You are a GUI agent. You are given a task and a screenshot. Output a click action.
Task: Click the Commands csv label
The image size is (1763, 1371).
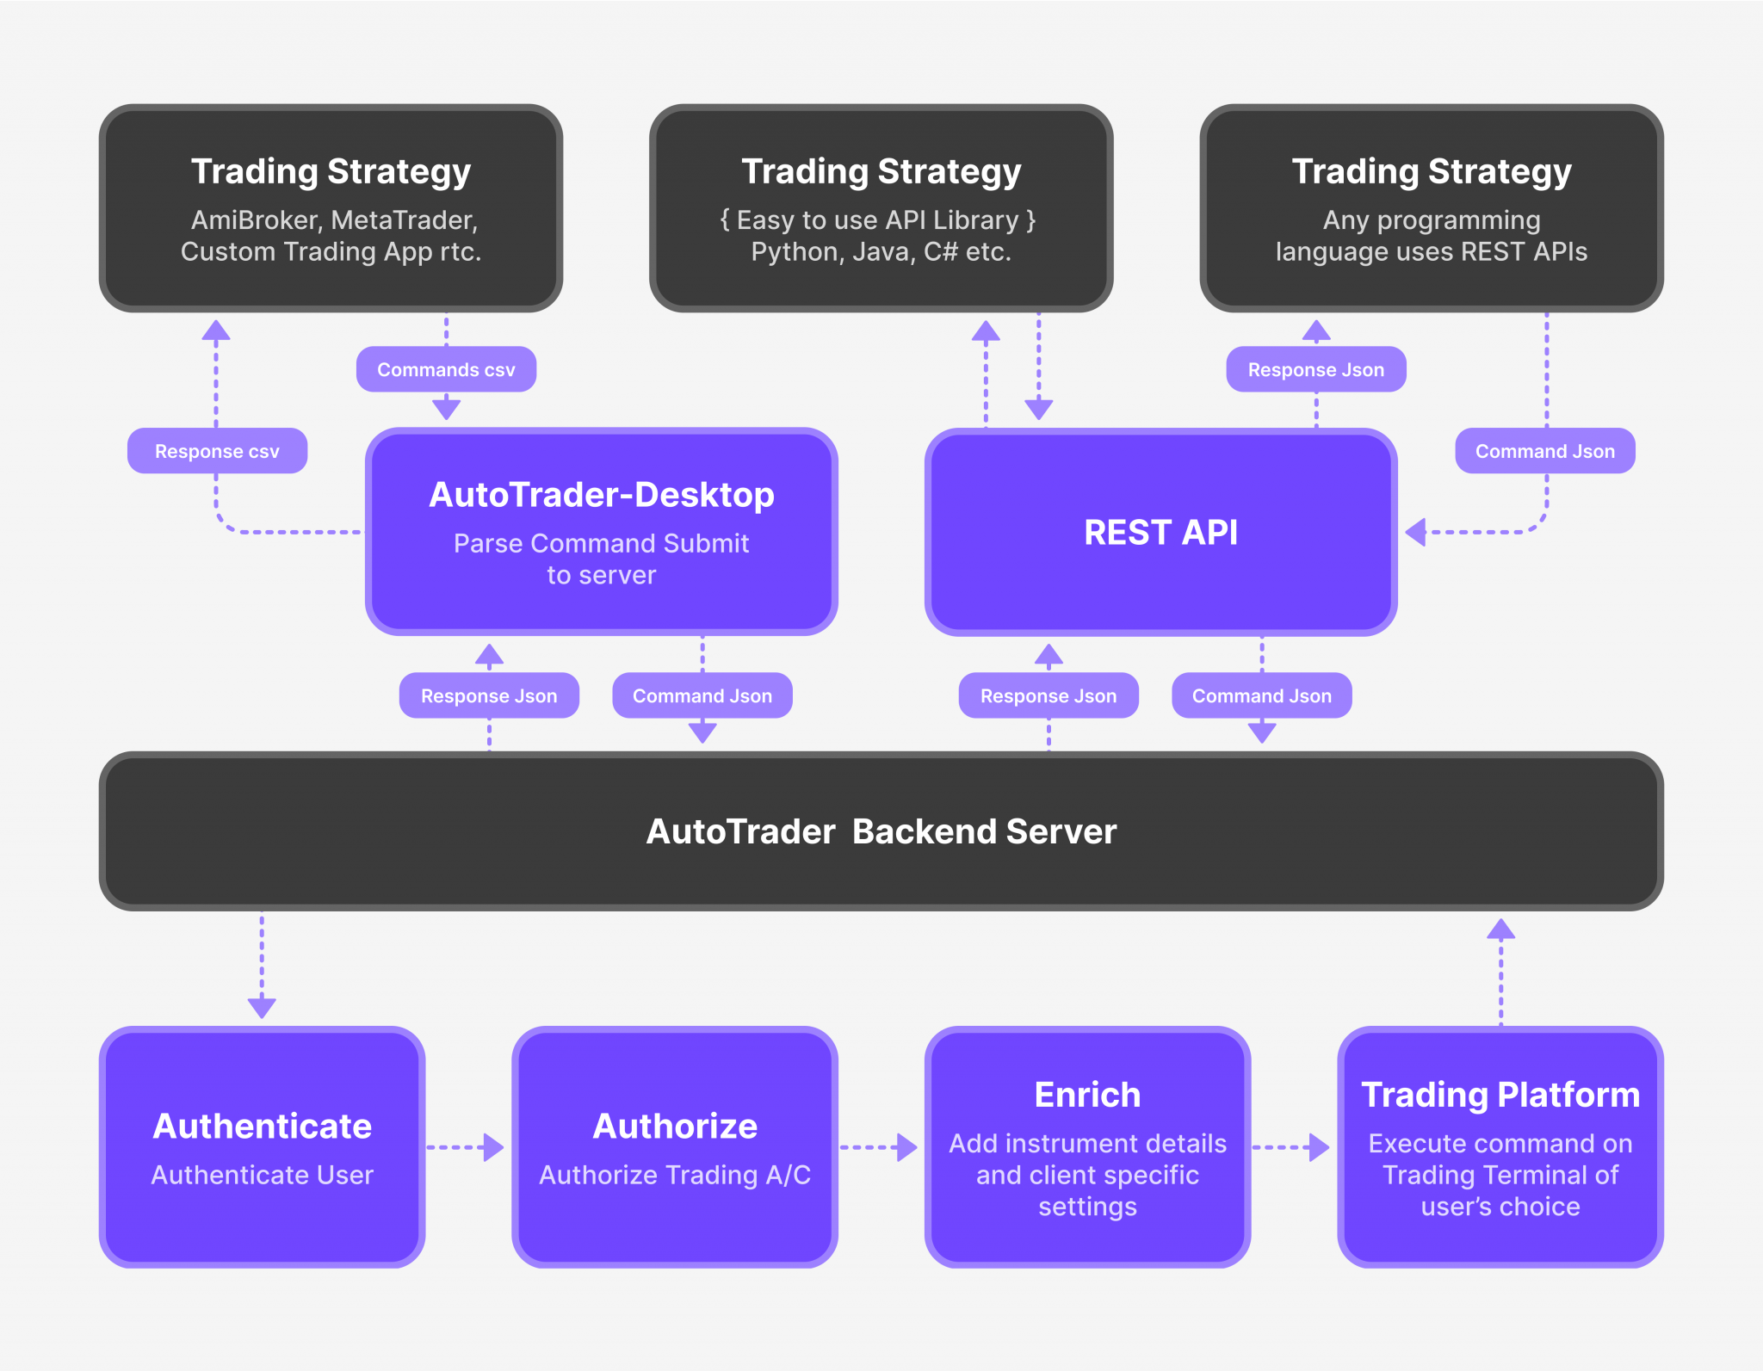coord(446,370)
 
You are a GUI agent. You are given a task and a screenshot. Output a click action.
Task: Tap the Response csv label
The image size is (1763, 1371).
coord(217,451)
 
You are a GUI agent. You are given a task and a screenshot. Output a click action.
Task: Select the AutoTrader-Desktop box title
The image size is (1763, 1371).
coord(601,495)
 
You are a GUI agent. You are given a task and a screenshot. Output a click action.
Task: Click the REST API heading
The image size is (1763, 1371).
coord(1160,532)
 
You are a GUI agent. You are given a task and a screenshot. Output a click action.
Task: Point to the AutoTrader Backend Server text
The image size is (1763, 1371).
coord(881,831)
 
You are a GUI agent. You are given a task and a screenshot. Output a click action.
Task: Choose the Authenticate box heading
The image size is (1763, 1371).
coord(262,1126)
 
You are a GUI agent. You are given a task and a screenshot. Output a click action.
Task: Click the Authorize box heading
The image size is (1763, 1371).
coord(675,1126)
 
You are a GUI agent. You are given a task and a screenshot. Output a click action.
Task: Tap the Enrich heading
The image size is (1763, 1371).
coord(1087,1095)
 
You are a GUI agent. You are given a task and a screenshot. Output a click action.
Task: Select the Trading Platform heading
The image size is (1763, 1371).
coord(1500,1095)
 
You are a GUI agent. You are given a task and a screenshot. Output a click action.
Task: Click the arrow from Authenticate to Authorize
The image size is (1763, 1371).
coord(466,1147)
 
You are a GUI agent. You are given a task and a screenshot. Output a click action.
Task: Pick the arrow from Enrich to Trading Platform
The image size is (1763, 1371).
coord(1291,1147)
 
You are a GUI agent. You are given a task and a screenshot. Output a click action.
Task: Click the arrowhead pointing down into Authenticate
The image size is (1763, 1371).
coord(262,1007)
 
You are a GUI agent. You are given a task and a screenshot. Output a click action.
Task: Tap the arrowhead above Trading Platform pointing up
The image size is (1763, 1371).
coord(1500,929)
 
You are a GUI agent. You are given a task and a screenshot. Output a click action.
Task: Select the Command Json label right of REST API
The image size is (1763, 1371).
coord(1544,451)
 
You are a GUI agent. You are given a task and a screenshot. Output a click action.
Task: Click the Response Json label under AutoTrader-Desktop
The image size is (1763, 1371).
coord(489,695)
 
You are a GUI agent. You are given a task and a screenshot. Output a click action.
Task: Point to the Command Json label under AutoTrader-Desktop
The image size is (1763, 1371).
coord(702,695)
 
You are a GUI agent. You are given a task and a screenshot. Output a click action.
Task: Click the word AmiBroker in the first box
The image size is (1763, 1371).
coord(255,220)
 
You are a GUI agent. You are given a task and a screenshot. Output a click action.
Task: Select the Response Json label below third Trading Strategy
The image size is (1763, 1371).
coord(1315,370)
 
